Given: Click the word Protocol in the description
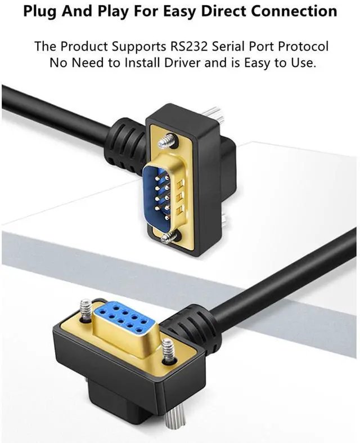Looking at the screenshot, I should point(302,46).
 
